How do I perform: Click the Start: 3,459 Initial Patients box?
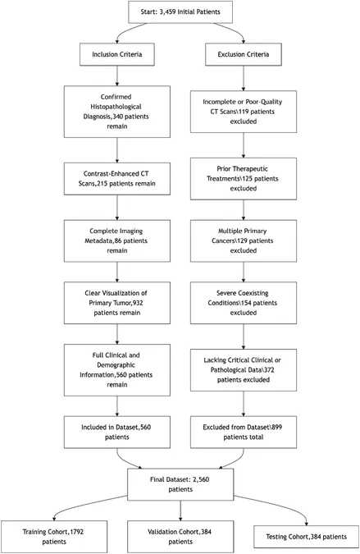tap(180, 12)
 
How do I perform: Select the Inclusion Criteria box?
tap(116, 54)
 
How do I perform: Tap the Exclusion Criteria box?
tap(244, 54)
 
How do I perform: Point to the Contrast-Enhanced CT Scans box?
tap(116, 179)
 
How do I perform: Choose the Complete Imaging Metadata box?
tap(116, 241)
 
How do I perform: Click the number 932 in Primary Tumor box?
tap(138, 303)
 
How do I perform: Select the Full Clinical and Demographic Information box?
tap(116, 370)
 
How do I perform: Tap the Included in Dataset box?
tap(116, 432)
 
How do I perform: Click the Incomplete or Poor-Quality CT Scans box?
tap(244, 112)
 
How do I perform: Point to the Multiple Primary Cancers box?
tap(244, 241)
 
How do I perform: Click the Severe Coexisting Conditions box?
tap(244, 303)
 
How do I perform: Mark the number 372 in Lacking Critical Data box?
tap(268, 370)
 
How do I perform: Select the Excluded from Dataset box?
tap(244, 432)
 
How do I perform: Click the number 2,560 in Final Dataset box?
tap(200, 479)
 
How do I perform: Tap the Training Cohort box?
tap(54, 537)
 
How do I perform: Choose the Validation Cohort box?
tap(180, 537)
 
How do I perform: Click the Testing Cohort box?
tap(306, 537)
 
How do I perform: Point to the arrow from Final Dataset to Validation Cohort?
tap(180, 511)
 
